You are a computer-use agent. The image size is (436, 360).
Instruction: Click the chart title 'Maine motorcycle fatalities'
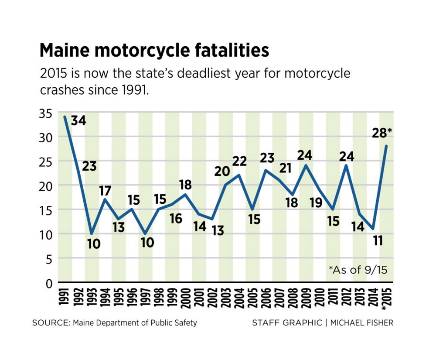click(154, 51)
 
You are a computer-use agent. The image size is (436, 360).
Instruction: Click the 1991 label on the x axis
click(65, 300)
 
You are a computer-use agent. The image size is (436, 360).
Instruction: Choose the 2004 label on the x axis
click(239, 300)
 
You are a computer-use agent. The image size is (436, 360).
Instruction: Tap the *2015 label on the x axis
click(386, 302)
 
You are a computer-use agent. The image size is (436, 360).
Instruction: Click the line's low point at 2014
click(373, 229)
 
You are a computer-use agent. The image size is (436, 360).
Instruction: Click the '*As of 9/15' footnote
click(358, 269)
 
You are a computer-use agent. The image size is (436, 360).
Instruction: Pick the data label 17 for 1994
click(105, 191)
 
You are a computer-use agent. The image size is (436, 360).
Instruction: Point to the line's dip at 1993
click(92, 233)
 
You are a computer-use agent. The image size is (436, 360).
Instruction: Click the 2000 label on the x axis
click(186, 300)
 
